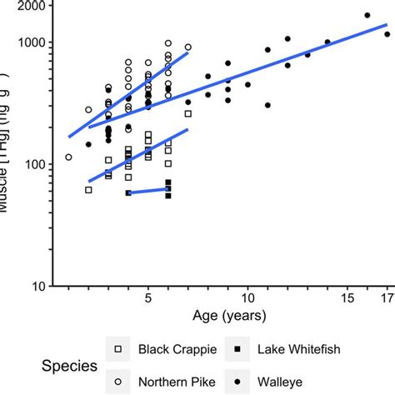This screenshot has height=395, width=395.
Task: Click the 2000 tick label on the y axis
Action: coord(29,6)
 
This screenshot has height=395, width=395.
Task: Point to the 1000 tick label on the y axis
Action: coord(29,42)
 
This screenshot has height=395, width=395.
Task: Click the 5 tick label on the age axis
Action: coord(148,297)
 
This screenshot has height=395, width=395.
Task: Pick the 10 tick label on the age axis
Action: coord(247,297)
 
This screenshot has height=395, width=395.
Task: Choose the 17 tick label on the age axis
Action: coord(387,297)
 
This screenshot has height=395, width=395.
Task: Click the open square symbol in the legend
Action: coord(117,349)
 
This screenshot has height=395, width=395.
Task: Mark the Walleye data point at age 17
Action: coord(387,34)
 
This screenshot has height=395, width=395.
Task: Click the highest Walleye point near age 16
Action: coord(367,15)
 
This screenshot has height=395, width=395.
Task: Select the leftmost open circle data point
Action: coord(68,157)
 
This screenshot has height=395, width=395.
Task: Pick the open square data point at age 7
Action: coord(187,113)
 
